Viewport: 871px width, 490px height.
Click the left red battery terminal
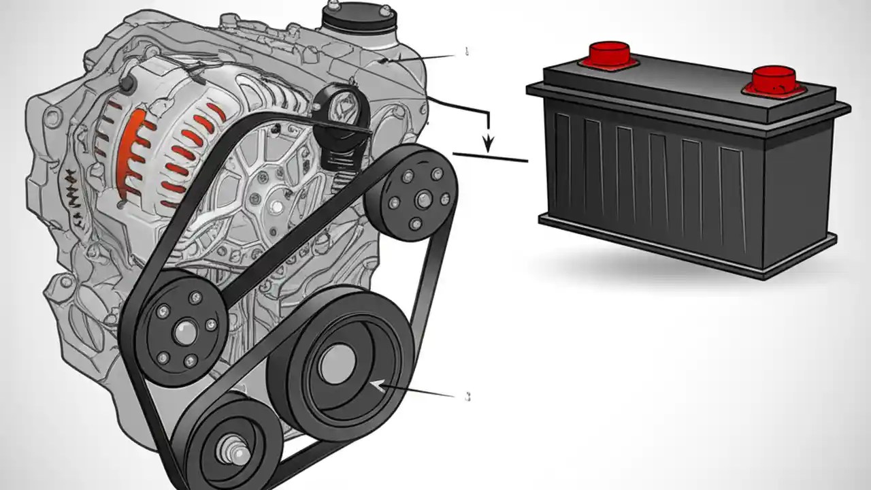608,53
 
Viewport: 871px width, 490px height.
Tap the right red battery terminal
774,78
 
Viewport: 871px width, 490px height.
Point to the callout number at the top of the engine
467,50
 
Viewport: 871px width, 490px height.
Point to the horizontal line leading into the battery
490,157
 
